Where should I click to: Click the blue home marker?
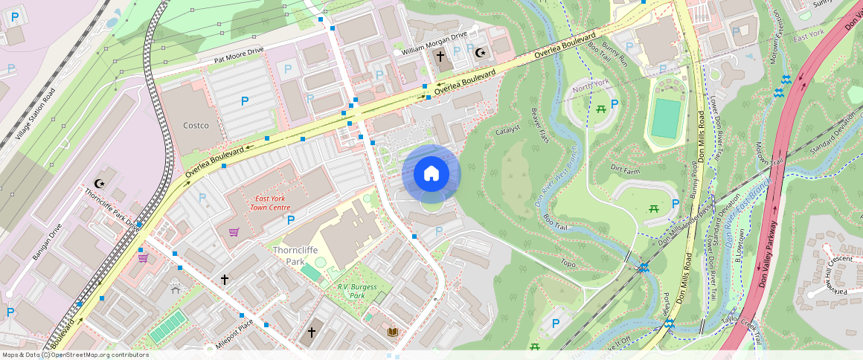click(431, 174)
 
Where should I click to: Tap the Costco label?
click(196, 126)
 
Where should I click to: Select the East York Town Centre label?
click(270, 203)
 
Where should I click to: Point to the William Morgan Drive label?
click(434, 42)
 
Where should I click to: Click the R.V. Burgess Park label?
click(356, 291)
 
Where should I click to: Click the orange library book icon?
click(392, 332)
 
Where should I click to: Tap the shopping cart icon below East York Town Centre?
click(234, 232)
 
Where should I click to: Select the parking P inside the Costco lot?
click(244, 100)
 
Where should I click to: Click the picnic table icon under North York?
click(599, 109)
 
